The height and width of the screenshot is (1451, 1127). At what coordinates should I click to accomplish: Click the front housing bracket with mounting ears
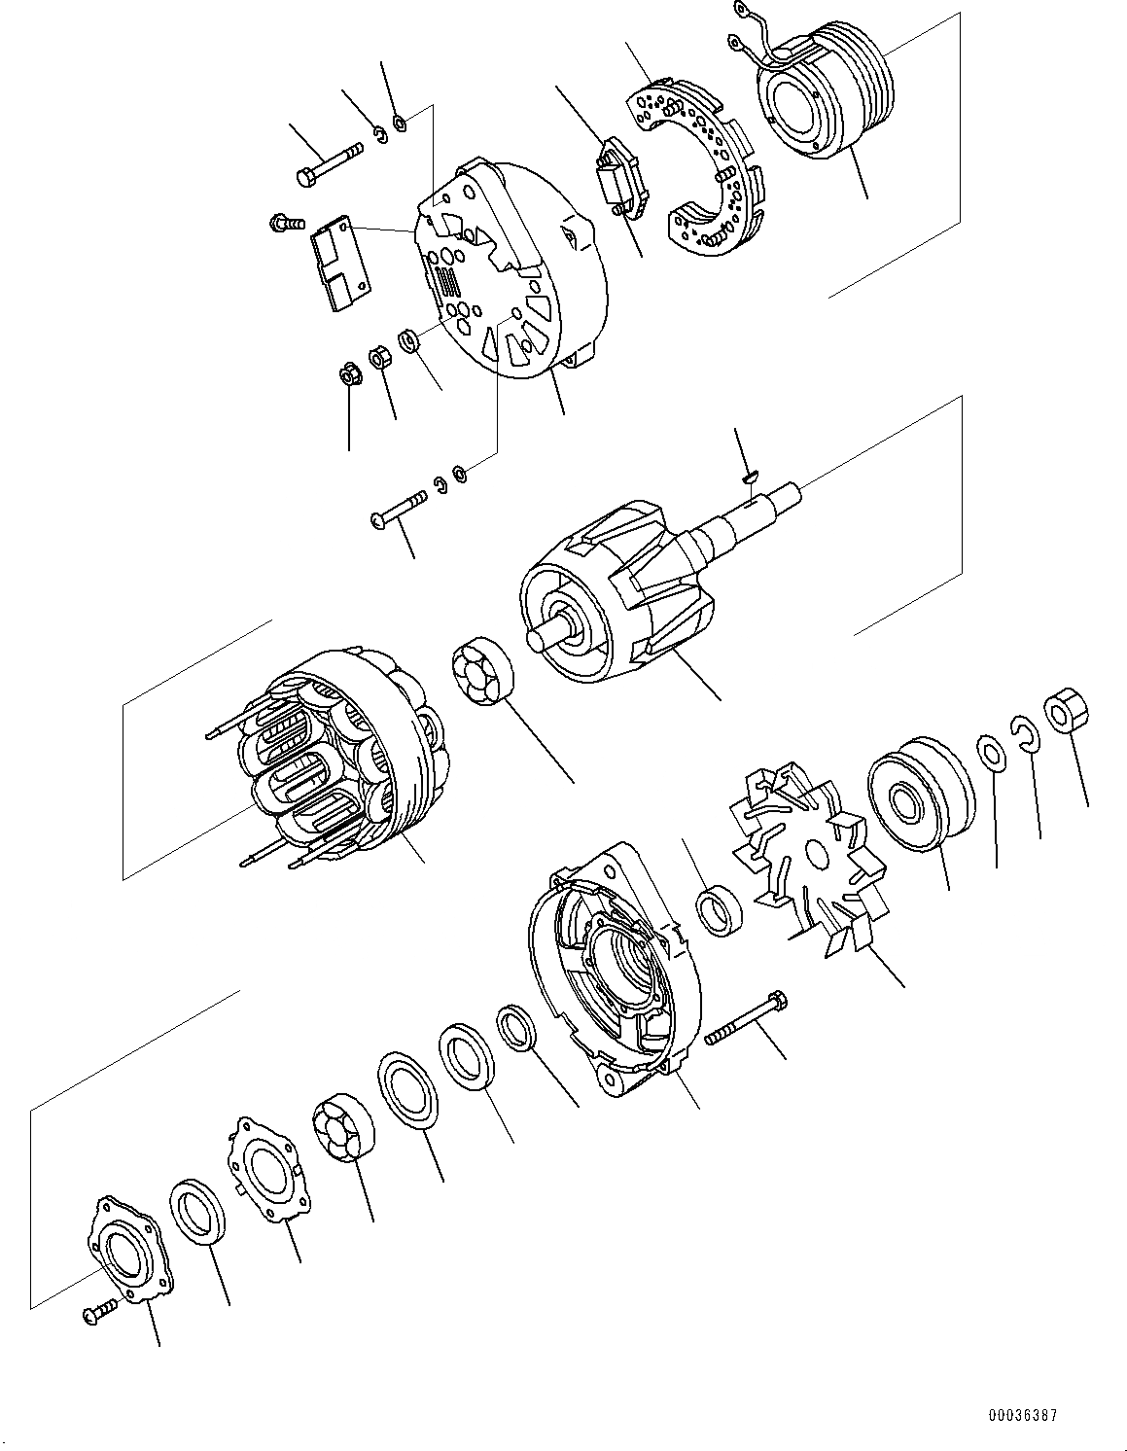tap(613, 963)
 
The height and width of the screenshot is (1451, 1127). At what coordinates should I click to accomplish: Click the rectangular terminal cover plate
tap(340, 263)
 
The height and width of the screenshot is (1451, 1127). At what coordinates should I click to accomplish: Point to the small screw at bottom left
tap(100, 1312)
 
